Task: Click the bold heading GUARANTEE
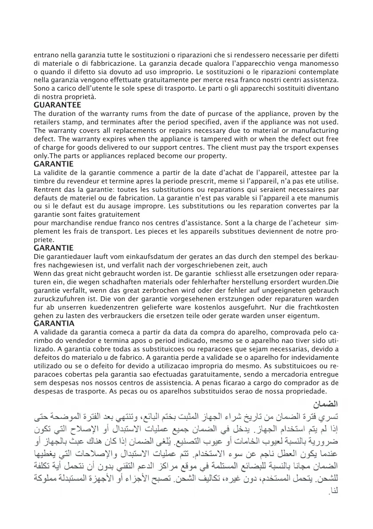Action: coord(58,105)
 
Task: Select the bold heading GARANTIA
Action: coord(54,324)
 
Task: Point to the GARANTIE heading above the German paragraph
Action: coord(54,248)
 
